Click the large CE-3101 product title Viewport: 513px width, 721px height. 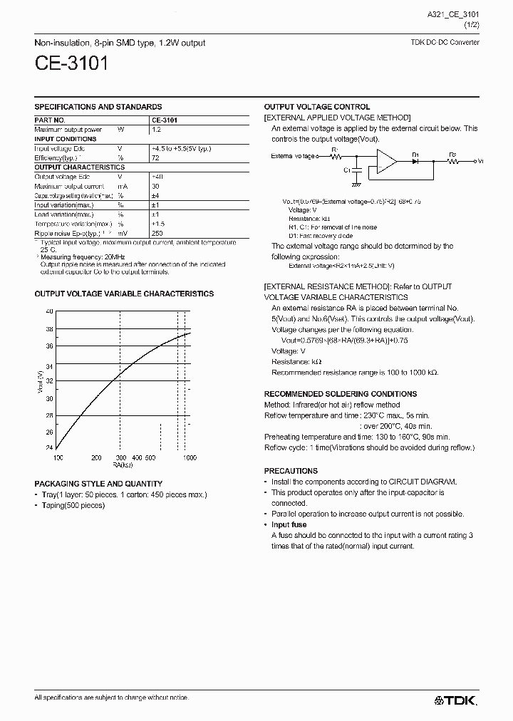pyautogui.click(x=71, y=64)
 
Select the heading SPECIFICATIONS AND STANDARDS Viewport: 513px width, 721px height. pyautogui.click(x=98, y=107)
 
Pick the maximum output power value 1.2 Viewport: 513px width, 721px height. pyautogui.click(x=156, y=130)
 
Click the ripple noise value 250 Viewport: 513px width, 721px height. pyautogui.click(x=157, y=233)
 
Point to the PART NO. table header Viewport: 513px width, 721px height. pyautogui.click(x=50, y=120)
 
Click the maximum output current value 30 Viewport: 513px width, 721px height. pyautogui.click(x=156, y=186)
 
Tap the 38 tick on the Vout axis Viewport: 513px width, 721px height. pyautogui.click(x=48, y=329)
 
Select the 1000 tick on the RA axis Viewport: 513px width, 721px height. pyautogui.click(x=190, y=458)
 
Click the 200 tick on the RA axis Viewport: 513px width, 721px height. pyautogui.click(x=96, y=458)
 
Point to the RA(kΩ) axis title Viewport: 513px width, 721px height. pyautogui.click(x=122, y=465)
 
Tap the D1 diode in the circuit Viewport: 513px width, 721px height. pyautogui.click(x=415, y=160)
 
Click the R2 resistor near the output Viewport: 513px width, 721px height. pyautogui.click(x=454, y=160)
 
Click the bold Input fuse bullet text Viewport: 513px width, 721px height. pyautogui.click(x=289, y=524)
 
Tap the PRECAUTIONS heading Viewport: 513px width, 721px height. pyautogui.click(x=291, y=471)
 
